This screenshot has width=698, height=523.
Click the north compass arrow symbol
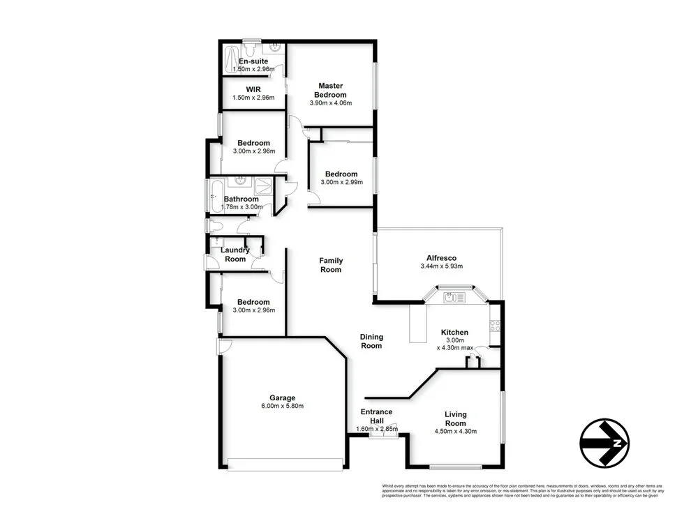tap(604, 443)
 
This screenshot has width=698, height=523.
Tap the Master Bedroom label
tap(330, 90)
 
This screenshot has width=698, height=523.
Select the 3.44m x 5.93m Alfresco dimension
tap(442, 266)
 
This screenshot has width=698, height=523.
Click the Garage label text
tap(283, 397)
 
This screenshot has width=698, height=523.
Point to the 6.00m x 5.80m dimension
tap(283, 406)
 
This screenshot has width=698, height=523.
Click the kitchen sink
tap(454, 298)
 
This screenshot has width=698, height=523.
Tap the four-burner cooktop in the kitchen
tap(495, 325)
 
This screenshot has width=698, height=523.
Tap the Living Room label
tap(455, 418)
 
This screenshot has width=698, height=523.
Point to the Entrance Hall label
tap(376, 416)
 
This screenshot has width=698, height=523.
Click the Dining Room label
tap(371, 341)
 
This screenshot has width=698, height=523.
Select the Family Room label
tap(331, 265)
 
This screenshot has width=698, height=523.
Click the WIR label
tap(253, 89)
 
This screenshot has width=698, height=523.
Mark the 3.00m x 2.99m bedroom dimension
tap(341, 183)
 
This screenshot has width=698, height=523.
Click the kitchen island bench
tap(418, 324)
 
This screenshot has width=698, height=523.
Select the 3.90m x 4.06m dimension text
tap(330, 103)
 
